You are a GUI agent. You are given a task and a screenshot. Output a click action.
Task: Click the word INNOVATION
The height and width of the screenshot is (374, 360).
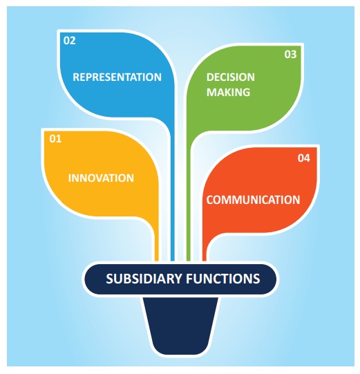[x=101, y=178]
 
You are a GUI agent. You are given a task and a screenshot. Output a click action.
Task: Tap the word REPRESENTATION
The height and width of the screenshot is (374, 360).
[x=117, y=77]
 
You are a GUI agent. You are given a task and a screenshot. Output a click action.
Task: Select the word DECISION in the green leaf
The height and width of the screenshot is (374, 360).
[x=230, y=77]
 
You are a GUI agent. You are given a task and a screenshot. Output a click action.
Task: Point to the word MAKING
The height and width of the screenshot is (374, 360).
[x=227, y=91]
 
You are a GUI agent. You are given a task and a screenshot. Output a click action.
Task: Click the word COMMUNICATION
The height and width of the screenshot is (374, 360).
[x=253, y=200]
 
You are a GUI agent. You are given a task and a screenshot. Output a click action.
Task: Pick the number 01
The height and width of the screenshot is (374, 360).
[x=55, y=139]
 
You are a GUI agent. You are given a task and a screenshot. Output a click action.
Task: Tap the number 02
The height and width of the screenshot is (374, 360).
[x=69, y=40]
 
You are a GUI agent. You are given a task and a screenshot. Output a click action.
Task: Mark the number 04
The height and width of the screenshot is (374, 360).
[x=304, y=158]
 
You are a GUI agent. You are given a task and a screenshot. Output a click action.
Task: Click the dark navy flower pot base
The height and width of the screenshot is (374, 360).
[x=180, y=325]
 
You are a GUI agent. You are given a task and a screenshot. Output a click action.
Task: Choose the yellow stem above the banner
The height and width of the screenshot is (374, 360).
[x=157, y=245]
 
